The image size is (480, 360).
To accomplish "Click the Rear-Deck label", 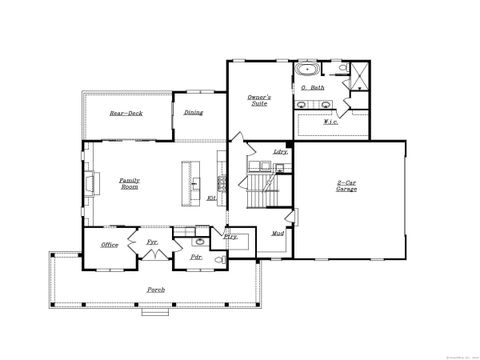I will [x=126, y=113].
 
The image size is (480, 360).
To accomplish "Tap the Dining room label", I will [x=193, y=112].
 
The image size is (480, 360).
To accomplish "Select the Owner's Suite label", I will [x=259, y=100].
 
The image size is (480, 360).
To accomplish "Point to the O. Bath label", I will [x=313, y=89].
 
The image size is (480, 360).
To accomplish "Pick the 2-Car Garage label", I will [x=347, y=185].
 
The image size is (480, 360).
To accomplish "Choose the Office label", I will [x=110, y=244].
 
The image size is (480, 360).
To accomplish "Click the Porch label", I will [x=156, y=289].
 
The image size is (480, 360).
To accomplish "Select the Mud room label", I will [x=278, y=233].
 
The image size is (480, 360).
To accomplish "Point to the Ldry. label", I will [x=281, y=151].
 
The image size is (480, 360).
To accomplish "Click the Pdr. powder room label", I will [x=196, y=256].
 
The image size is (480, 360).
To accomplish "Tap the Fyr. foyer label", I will [x=153, y=242].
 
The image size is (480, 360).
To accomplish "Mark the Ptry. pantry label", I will [x=230, y=236].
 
